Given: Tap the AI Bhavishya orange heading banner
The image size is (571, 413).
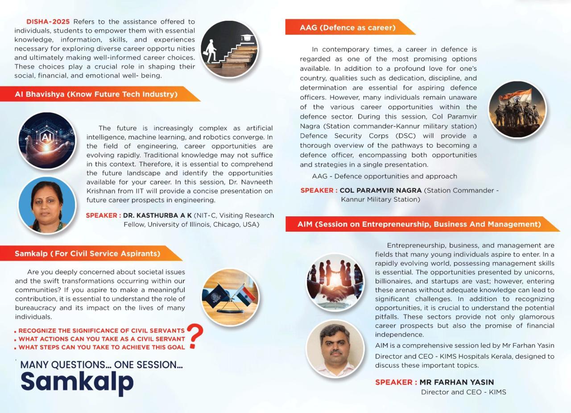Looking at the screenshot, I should click(x=96, y=94).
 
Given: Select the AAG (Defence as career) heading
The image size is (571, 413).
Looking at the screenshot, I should click(x=348, y=28).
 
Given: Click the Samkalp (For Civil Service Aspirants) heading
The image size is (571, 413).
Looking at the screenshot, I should click(x=87, y=253).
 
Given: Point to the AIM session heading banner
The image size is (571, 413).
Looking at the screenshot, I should click(x=419, y=224).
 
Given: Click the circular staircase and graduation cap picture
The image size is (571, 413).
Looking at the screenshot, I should click(x=229, y=50).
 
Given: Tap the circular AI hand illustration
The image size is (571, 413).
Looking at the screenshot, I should click(x=47, y=140).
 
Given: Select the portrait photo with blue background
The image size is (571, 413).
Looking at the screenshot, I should click(x=47, y=205).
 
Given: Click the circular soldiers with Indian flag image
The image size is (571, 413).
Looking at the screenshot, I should click(x=517, y=109).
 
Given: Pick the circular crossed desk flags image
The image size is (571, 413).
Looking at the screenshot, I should click(x=230, y=297).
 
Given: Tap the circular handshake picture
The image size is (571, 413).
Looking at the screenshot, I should click(x=335, y=282).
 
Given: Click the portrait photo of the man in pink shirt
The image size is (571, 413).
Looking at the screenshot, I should click(x=335, y=349).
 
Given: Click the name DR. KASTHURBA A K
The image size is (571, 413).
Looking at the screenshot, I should click(x=157, y=215).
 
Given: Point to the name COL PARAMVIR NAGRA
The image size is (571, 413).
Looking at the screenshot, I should click(x=381, y=190).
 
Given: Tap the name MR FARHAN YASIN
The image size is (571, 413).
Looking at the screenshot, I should click(x=456, y=382).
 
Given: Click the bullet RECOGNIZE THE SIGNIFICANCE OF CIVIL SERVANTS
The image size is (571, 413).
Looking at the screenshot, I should click(x=101, y=331).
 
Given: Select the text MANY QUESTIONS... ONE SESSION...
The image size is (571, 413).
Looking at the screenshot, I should click(x=101, y=365).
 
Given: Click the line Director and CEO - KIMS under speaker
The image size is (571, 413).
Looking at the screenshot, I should click(x=463, y=392).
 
